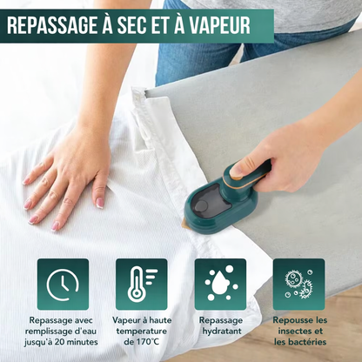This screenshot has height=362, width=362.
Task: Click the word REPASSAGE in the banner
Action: tap(52, 25)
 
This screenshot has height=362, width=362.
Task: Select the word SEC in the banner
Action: tap(133, 25)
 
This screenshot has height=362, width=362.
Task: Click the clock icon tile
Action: tap(63, 285)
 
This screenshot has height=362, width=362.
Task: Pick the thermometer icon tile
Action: tap(142, 285)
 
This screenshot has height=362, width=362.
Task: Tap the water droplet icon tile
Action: tap(220, 285)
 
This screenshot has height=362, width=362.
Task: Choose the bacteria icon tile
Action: tap(299, 285)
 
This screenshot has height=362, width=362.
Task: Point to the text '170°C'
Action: tap(147, 342)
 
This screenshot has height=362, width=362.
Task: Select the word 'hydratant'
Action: tap(222, 332)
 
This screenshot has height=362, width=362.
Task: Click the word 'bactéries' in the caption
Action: tap(309, 342)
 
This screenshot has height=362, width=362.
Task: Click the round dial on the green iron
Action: tap(201, 206)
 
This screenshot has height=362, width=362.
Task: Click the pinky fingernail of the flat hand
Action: tap(99, 203)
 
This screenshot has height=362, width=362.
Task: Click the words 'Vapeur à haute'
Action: tap(142, 320)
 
